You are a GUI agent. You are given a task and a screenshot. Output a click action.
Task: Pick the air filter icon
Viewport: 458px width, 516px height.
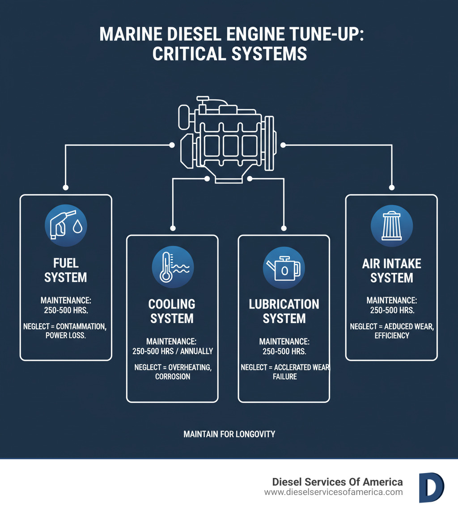pos(392,226)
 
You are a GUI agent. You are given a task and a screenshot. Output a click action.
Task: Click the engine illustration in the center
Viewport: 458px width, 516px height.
pos(227,138)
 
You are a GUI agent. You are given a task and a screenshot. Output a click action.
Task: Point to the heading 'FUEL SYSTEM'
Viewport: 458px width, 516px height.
pos(66,270)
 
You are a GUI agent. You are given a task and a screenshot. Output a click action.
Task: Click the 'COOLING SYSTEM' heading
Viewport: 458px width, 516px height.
pos(172,311)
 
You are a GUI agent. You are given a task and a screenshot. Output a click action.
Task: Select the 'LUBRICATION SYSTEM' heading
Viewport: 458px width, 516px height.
pos(284,311)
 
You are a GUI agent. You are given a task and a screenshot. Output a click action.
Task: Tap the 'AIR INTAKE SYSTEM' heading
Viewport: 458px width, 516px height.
pos(392,270)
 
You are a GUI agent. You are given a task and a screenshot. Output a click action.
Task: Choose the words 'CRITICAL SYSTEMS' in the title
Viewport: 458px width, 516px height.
pos(229,54)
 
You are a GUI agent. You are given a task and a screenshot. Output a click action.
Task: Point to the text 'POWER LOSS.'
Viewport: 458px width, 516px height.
pos(65,335)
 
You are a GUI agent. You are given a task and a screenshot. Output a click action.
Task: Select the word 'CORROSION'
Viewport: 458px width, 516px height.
pos(173,376)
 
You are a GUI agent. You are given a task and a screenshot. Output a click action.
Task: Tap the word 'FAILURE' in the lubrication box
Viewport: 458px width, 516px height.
pos(284,376)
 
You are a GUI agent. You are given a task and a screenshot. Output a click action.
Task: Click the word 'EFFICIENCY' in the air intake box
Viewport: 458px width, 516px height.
pos(392,335)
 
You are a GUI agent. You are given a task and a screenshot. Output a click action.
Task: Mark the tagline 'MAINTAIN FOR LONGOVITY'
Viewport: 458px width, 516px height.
pos(229,434)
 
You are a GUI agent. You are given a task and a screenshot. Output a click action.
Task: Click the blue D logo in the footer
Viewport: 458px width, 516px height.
pos(431,487)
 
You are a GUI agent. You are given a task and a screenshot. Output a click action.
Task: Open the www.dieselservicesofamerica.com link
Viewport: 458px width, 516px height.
pos(333,492)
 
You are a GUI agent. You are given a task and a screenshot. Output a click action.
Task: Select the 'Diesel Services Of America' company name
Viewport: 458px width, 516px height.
pos(337,482)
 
